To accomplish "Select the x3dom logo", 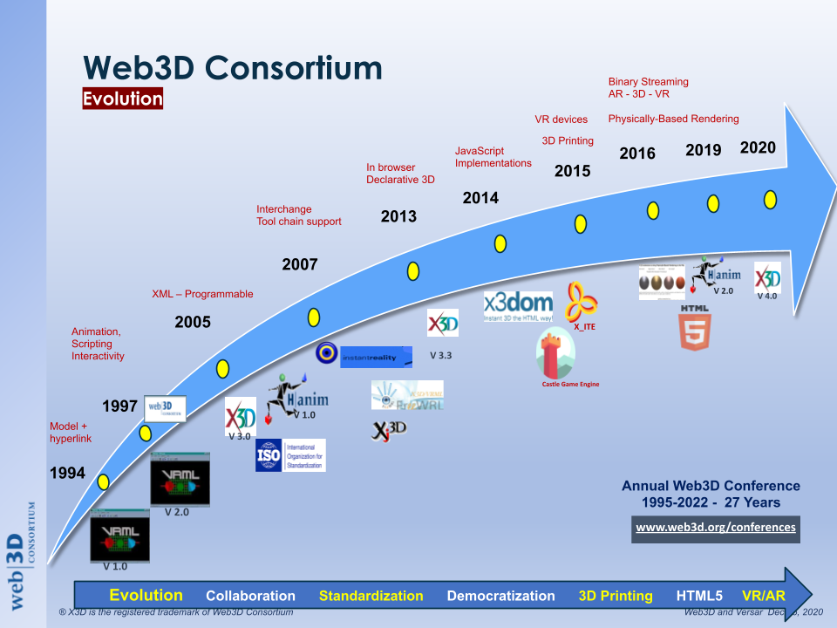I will coord(518,306).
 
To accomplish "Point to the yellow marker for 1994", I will coord(104,481).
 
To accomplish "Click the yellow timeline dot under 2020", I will coord(770,200).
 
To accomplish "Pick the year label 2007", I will coord(300,264).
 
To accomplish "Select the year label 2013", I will coord(398,216).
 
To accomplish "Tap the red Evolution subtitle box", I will coord(123,99).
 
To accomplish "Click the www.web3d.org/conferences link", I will coord(715,528).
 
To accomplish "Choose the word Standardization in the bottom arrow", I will coord(371,597).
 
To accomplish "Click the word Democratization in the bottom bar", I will coord(500,597).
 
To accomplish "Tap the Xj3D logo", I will coord(390,428).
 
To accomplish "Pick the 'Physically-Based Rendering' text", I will coord(673,119).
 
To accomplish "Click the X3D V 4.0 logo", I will coord(767,279).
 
